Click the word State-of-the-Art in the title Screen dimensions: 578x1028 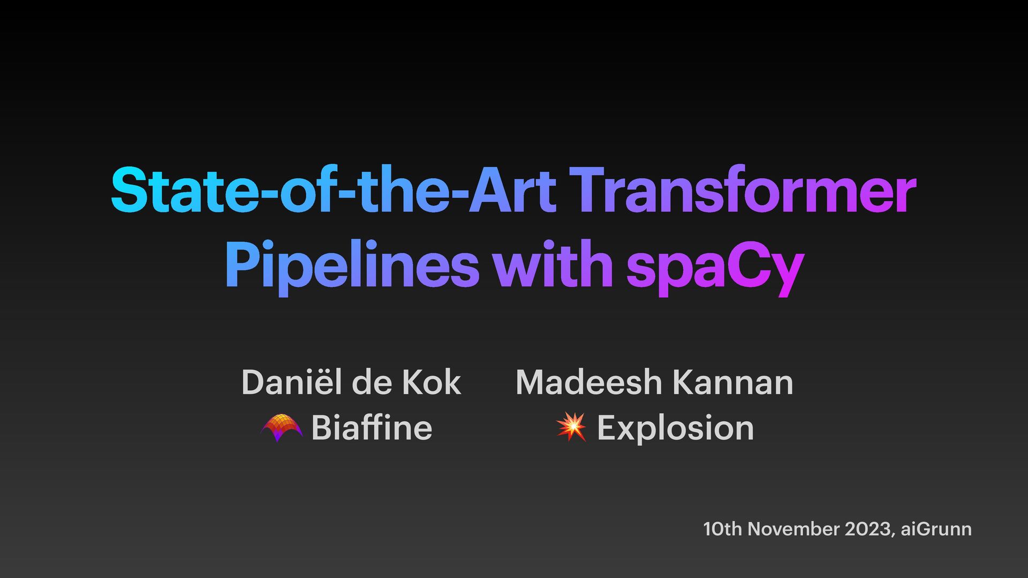click(x=333, y=191)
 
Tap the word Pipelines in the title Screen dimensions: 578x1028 click(x=352, y=264)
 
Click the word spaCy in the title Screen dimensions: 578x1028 click(x=715, y=267)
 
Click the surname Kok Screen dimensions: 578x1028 click(x=432, y=382)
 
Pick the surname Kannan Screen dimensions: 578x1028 click(x=732, y=382)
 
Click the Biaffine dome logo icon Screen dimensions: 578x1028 click(x=281, y=428)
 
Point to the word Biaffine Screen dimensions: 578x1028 click(x=372, y=428)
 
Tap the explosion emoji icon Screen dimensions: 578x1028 click(x=571, y=427)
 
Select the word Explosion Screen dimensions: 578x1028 click(x=675, y=429)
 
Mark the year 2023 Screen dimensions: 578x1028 click(x=869, y=529)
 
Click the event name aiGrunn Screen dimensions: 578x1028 click(x=936, y=529)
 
